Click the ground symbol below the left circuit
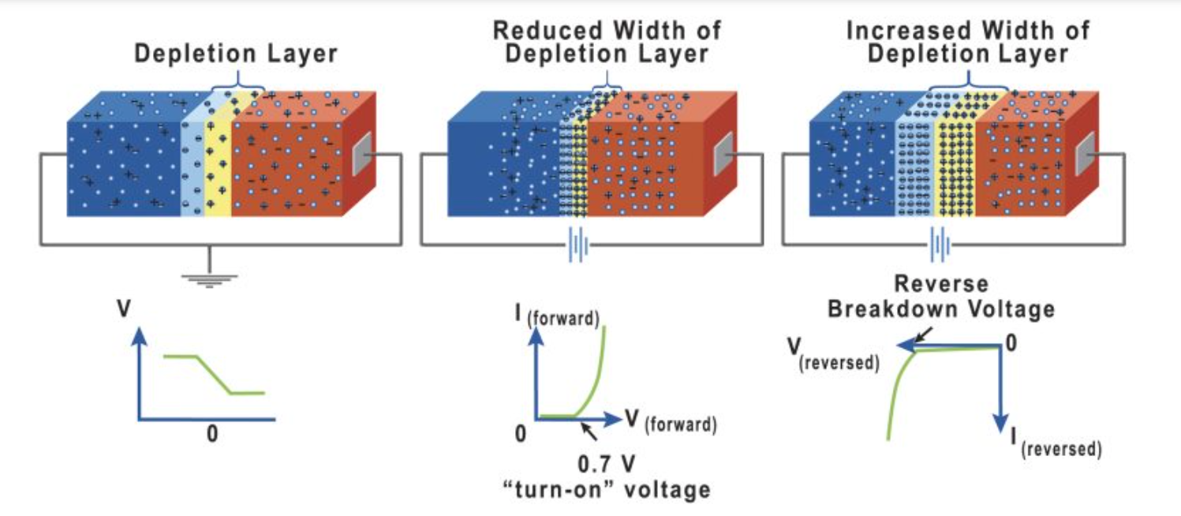click(209, 279)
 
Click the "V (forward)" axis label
click(671, 423)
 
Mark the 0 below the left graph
click(211, 434)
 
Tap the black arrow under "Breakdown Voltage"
click(920, 335)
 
